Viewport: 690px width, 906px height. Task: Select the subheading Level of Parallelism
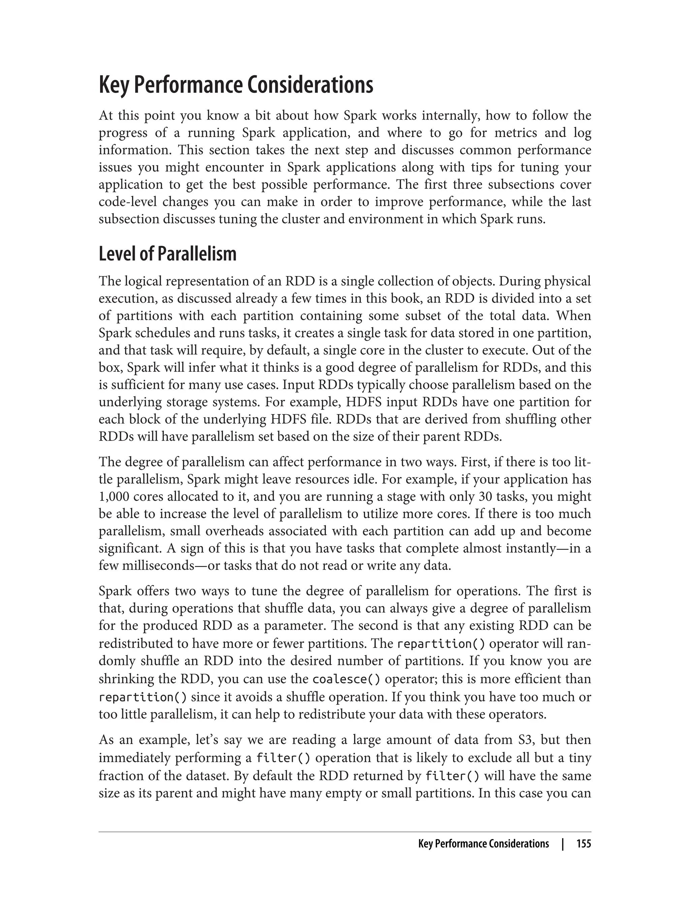pyautogui.click(x=167, y=254)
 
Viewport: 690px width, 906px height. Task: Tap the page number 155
pyautogui.click(x=583, y=844)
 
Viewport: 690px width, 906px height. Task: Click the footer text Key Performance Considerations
pyautogui.click(x=483, y=844)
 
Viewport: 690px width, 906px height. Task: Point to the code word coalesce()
pyautogui.click(x=346, y=679)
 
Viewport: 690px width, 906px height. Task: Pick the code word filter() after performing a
pyautogui.click(x=283, y=758)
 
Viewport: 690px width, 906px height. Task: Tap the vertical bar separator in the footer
pyautogui.click(x=563, y=844)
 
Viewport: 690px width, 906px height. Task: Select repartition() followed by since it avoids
pyautogui.click(x=143, y=697)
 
